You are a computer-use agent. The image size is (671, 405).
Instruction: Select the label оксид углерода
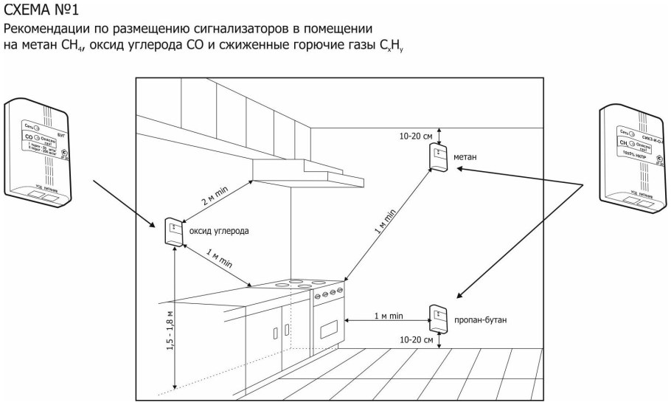pos(220,231)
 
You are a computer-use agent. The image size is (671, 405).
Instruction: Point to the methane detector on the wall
pos(439,158)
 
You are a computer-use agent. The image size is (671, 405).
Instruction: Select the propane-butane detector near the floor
pos(439,319)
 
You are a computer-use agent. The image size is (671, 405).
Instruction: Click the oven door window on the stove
pos(329,325)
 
